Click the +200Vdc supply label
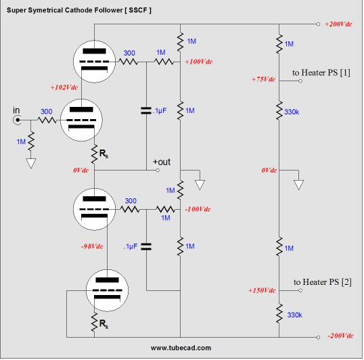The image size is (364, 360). click(x=338, y=24)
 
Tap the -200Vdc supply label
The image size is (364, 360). click(x=340, y=336)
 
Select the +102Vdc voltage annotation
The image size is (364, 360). click(x=64, y=87)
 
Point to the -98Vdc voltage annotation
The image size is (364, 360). click(x=92, y=246)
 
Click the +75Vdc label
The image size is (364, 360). click(x=263, y=79)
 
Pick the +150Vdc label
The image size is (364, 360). click(x=262, y=290)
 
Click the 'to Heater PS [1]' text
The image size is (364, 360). click(x=321, y=73)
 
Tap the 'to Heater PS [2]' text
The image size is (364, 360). click(x=323, y=282)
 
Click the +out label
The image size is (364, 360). click(x=162, y=162)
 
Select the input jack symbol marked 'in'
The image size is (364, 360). click(x=18, y=120)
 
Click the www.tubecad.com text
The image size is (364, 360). click(x=181, y=348)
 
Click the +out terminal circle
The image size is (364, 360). click(x=158, y=171)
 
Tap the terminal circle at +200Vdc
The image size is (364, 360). click(x=318, y=24)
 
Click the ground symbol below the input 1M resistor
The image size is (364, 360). click(x=31, y=163)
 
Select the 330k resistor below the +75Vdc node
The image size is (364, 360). click(x=279, y=110)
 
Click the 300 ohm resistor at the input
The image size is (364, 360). click(x=47, y=120)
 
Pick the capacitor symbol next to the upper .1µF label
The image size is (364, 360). click(x=146, y=111)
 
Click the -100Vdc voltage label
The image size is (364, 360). click(x=198, y=209)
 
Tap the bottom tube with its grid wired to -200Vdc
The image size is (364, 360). click(x=108, y=290)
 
